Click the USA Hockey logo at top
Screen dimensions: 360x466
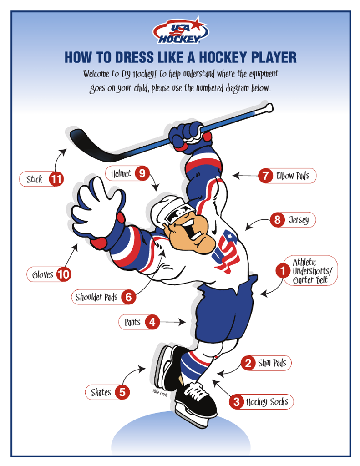(180, 30)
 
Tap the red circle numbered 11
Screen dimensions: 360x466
(56, 179)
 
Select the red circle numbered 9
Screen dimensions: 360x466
(142, 173)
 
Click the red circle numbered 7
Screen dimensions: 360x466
(265, 176)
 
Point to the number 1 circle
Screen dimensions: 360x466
(283, 271)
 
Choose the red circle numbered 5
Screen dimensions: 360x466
(122, 392)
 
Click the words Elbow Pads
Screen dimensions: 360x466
(293, 176)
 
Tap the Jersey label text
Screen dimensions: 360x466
(299, 220)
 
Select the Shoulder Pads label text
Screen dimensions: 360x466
(96, 297)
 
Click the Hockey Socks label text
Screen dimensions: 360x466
(267, 402)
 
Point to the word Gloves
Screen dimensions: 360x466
(42, 274)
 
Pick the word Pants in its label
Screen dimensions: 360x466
(132, 322)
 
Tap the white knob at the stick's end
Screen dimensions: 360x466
(269, 107)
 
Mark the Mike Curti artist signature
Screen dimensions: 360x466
(160, 392)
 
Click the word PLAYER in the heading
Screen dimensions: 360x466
(274, 57)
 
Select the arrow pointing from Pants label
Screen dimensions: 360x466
(172, 322)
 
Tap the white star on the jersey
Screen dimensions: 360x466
(229, 236)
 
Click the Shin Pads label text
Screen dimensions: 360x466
(272, 363)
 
